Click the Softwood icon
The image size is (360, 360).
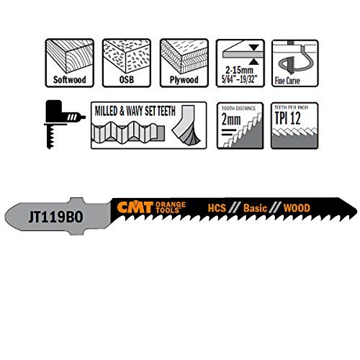pos(69,63)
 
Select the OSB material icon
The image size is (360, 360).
pos(127,63)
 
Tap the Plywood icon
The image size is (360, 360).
pos(184,63)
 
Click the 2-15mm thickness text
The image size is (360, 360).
pos(239,70)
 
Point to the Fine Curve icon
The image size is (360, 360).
pos(295,63)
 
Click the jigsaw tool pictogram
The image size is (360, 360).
pos(64,125)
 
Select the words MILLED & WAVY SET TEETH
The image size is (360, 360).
pos(135,111)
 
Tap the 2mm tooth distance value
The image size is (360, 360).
pos(231,120)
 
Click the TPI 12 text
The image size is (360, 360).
pos(287,118)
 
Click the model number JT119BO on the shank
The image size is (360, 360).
pos(55,217)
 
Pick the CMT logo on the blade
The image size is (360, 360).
pos(135,207)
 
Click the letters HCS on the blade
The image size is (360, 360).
pos(217,208)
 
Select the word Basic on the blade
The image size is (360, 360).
pos(255,208)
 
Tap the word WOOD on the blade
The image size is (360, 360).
pos(297,208)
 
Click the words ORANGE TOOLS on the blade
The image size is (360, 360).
pos(171,207)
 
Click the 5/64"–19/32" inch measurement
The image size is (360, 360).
pos(238,79)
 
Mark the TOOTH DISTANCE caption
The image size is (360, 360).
pos(238,108)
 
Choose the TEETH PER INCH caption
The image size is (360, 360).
pos(291,107)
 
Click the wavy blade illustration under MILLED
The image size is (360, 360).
pos(128,132)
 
